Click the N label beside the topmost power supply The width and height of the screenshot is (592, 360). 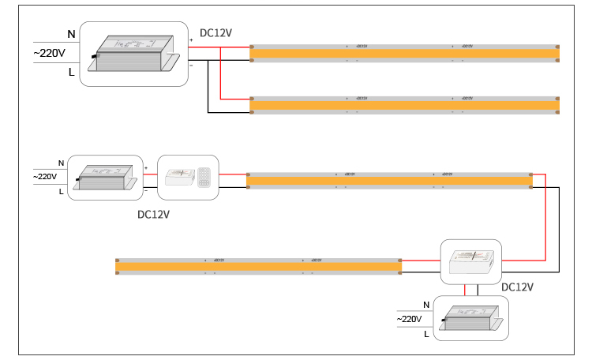pos(72,34)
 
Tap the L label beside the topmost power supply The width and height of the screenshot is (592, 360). pos(72,72)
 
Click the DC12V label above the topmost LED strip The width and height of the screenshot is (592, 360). pos(216,33)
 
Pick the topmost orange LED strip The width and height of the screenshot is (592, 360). pos(405,53)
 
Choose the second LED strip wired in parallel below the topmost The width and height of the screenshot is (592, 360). pos(405,104)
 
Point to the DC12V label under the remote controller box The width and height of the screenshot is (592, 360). pos(154,213)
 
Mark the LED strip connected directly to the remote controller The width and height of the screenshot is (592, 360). pos(389,181)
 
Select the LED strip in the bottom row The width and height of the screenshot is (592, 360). pos(259,267)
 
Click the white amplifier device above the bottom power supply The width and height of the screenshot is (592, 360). pos(470,260)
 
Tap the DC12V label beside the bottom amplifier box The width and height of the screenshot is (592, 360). pos(518,287)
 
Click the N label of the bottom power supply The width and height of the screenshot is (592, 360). pos(427,304)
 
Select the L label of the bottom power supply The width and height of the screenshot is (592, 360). pos(427,335)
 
